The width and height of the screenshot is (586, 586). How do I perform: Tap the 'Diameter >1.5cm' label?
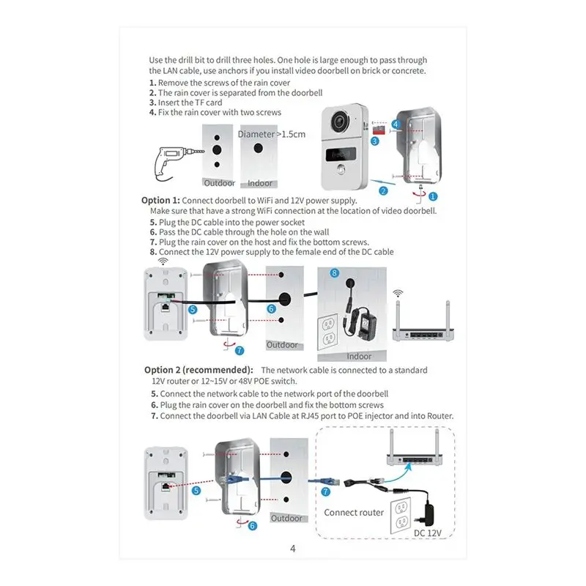(271, 134)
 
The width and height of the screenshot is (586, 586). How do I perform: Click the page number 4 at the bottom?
(292, 548)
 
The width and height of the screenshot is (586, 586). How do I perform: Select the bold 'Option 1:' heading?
(160, 200)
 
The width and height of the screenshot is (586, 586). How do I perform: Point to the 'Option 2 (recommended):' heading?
(199, 370)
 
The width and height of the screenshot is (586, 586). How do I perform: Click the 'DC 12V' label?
(429, 533)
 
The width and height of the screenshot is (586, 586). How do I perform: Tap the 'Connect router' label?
(354, 512)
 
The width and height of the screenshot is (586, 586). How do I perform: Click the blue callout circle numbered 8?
(335, 272)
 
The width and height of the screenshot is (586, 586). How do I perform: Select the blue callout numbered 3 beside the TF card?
(374, 140)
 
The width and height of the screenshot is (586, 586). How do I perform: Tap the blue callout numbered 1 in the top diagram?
(433, 196)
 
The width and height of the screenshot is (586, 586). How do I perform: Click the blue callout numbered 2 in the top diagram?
(382, 191)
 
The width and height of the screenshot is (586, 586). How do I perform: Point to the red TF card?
(379, 127)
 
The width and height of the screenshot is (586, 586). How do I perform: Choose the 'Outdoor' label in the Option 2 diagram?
(287, 518)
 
